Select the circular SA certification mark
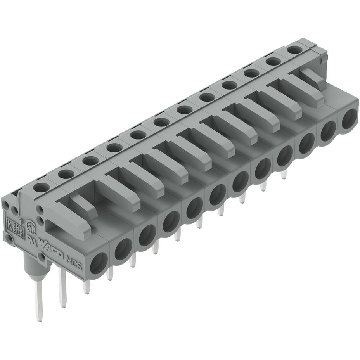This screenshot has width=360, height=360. tap(29, 226)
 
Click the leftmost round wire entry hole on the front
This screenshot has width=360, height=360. tap(99, 263)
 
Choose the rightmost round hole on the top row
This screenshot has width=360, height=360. tap(294, 50)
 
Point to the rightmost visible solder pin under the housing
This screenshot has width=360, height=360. tap(284, 175)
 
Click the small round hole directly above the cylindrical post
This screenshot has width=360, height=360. tap(40, 256)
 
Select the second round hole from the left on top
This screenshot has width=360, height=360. tap(66, 174)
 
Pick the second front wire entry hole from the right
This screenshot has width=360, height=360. tap(328, 131)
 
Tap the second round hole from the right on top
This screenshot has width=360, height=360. tap(273, 61)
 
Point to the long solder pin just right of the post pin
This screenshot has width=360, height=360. tap(62, 287)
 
